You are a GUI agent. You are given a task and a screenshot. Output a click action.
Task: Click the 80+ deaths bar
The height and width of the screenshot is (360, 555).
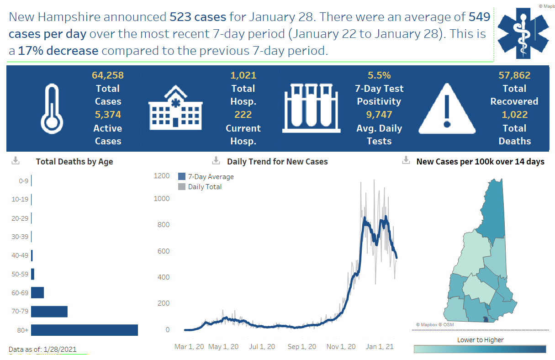tap(85, 330)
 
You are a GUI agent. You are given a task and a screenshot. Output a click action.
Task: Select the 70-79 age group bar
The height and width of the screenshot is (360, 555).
tap(49, 312)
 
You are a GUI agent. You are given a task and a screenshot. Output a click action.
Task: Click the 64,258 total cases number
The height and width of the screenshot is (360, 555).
tap(108, 75)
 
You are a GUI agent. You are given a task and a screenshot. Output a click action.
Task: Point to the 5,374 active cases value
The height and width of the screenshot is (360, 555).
tap(108, 115)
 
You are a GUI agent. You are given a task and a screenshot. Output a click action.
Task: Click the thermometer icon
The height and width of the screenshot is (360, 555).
tap(52, 108)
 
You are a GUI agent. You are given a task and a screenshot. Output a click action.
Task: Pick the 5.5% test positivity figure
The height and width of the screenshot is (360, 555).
tap(379, 75)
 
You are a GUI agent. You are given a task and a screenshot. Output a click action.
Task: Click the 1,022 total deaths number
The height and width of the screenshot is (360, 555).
tap(514, 115)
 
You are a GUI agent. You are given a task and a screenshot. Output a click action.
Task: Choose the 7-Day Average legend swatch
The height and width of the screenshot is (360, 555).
tap(182, 177)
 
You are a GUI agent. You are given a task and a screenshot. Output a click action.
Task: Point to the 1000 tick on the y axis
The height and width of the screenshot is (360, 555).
tap(161, 199)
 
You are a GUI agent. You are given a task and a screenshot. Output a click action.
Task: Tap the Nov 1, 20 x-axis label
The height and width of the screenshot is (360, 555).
tap(341, 347)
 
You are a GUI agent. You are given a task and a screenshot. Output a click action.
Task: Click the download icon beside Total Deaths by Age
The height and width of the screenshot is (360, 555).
tap(16, 161)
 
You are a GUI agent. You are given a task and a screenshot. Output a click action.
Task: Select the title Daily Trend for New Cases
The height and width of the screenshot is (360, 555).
tap(277, 161)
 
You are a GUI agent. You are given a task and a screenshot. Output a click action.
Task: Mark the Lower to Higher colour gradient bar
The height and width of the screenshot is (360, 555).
tap(480, 349)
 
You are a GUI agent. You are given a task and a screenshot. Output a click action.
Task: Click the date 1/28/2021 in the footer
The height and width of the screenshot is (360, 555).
tap(60, 349)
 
